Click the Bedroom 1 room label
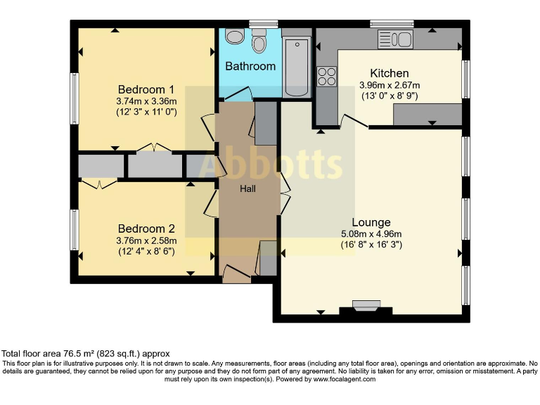click(146, 89)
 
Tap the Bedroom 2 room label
click(146, 229)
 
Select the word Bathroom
click(250, 66)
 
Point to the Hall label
click(247, 188)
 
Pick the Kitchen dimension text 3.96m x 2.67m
click(389, 85)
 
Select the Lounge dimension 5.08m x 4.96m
click(371, 234)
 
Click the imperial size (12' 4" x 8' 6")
click(146, 251)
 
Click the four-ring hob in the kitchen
click(326, 75)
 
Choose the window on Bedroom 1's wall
click(74, 97)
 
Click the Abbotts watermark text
click(270, 166)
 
